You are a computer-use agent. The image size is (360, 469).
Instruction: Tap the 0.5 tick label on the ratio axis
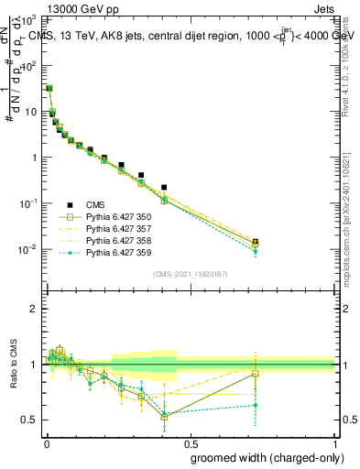(x=30, y=420)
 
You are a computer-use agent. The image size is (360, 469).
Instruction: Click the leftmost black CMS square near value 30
(x=49, y=89)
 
